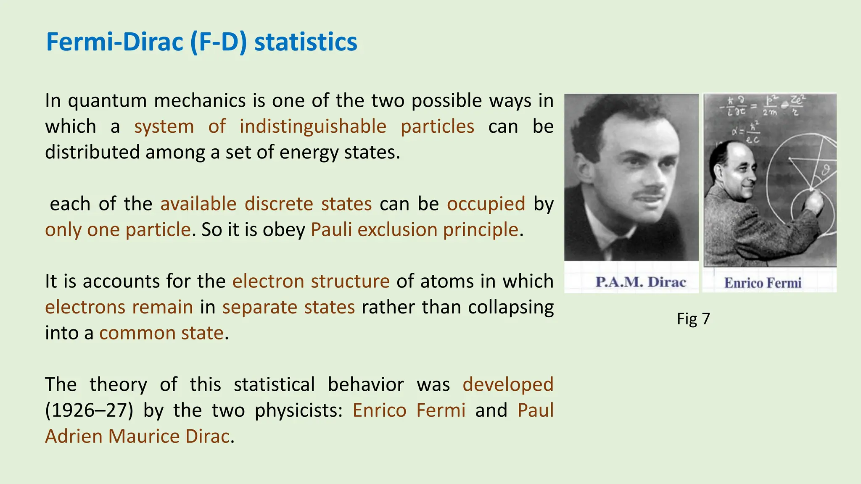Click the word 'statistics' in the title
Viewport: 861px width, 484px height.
click(x=306, y=42)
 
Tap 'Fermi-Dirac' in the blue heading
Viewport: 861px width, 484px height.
click(x=115, y=42)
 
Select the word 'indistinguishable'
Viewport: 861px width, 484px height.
click(x=313, y=126)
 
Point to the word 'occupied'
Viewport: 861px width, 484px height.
click(x=486, y=204)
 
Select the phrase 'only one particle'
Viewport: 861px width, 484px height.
click(x=118, y=230)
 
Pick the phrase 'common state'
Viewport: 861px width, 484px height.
click(x=161, y=333)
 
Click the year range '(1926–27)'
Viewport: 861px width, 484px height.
click(x=89, y=410)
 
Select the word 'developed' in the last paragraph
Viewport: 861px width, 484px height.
click(x=508, y=384)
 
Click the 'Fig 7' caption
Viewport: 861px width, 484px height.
click(x=693, y=319)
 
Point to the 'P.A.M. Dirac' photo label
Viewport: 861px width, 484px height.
click(x=640, y=282)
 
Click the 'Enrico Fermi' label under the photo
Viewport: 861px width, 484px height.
click(x=763, y=283)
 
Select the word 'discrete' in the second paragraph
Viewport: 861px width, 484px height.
click(x=279, y=204)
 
